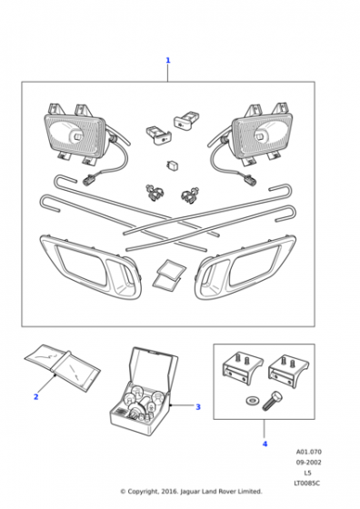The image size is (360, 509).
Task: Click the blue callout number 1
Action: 168,60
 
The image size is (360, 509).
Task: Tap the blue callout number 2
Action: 36,396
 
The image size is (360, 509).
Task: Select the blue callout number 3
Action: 198,407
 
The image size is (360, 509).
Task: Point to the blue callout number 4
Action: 265,444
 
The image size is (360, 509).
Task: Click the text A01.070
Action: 309,452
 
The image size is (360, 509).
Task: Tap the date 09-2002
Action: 308,463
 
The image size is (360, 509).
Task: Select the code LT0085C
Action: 306,484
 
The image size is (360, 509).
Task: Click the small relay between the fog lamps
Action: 171,165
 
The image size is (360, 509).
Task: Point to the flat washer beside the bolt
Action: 251,401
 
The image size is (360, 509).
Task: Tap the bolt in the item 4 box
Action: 271,402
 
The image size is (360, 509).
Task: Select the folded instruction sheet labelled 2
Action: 62,367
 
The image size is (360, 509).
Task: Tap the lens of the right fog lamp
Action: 262,134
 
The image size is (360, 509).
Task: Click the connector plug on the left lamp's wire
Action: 88,180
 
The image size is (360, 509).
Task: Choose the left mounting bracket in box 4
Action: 242,369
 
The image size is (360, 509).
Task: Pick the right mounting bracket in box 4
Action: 288,371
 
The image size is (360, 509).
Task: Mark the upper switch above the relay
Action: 186,120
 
